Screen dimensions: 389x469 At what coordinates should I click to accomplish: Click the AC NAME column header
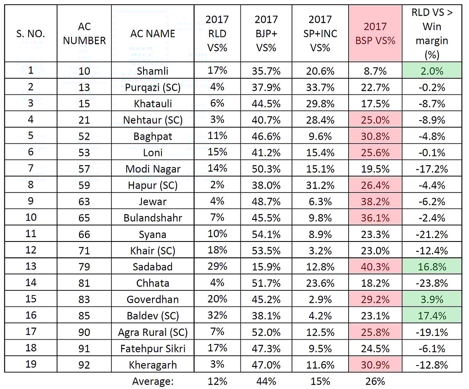coord(152,34)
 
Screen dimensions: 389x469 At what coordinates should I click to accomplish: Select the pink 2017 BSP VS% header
coord(375,34)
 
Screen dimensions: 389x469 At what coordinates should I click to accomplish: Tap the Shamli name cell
coord(152,71)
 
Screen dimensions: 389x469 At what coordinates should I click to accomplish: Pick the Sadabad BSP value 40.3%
coord(375,267)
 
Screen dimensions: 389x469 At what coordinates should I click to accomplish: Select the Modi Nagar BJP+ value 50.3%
coord(266,169)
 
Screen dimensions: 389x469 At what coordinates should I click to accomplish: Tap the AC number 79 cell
coord(84,267)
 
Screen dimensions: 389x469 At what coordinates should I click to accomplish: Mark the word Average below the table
coord(152,381)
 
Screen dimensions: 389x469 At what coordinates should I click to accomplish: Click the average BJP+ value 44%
coord(266,381)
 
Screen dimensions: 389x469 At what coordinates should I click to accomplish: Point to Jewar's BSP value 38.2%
coord(375,202)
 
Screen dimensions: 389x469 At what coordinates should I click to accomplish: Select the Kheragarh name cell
coord(152,365)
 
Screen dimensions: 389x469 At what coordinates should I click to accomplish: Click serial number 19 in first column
coord(30,364)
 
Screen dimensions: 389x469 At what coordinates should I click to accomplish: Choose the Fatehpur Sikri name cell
coord(152,348)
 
